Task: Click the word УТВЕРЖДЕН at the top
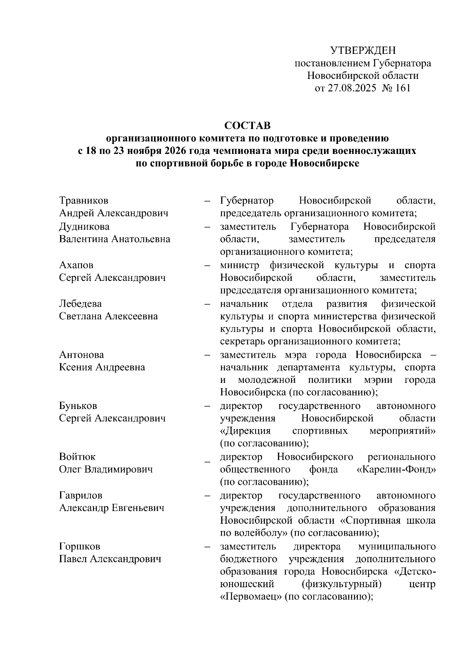(363, 50)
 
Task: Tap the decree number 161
(403, 88)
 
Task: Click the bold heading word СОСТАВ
(248, 126)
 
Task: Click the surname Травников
(84, 200)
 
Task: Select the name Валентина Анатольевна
(115, 239)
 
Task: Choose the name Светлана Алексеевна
(109, 316)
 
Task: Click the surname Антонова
(82, 354)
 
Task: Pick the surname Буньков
(78, 406)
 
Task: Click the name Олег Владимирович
(106, 469)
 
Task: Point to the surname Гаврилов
(81, 495)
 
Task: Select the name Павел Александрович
(110, 559)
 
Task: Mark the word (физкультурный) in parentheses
(342, 584)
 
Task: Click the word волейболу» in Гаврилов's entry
(258, 533)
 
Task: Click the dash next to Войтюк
(208, 461)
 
